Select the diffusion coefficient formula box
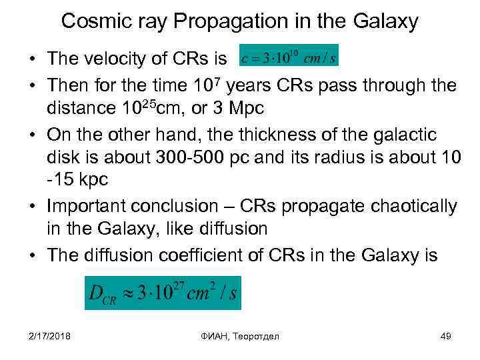pyautogui.click(x=162, y=292)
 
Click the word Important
pyautogui.click(x=98, y=207)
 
